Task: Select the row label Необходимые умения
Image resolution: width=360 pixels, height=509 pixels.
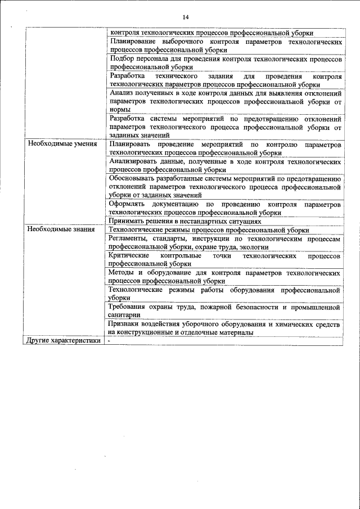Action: (x=58, y=145)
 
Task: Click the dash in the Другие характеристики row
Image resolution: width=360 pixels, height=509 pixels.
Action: (x=110, y=341)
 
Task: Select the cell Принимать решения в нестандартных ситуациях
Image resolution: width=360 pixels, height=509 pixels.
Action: (x=185, y=222)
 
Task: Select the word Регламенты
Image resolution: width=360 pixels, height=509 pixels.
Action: (x=127, y=238)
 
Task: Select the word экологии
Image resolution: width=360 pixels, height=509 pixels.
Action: (x=253, y=247)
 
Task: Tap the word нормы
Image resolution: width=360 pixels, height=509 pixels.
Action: (x=120, y=110)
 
